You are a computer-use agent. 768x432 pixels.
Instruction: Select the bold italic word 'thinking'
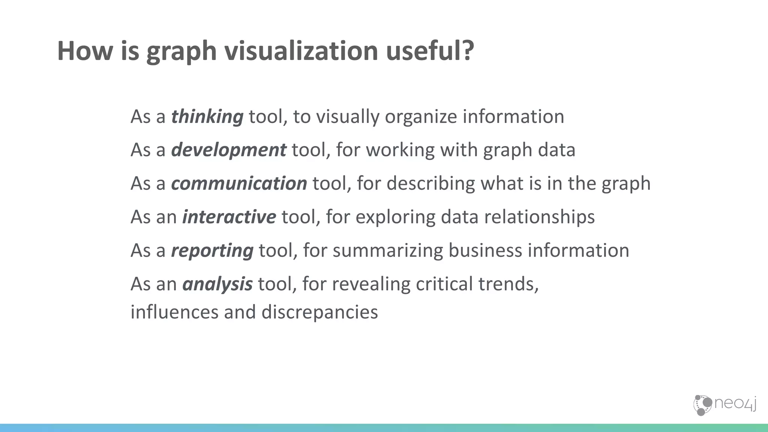[207, 116]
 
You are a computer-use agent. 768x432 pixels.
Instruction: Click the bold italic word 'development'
[228, 150]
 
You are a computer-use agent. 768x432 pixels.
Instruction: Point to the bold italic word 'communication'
[239, 183]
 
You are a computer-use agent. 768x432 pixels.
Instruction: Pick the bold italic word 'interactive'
[229, 217]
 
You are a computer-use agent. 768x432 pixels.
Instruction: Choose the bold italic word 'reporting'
[212, 250]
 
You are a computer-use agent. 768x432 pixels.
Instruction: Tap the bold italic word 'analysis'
[217, 284]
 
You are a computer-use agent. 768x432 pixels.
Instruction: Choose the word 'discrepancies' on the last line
[319, 312]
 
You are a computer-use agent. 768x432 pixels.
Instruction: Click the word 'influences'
[174, 312]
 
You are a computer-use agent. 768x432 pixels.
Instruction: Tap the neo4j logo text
[735, 404]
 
